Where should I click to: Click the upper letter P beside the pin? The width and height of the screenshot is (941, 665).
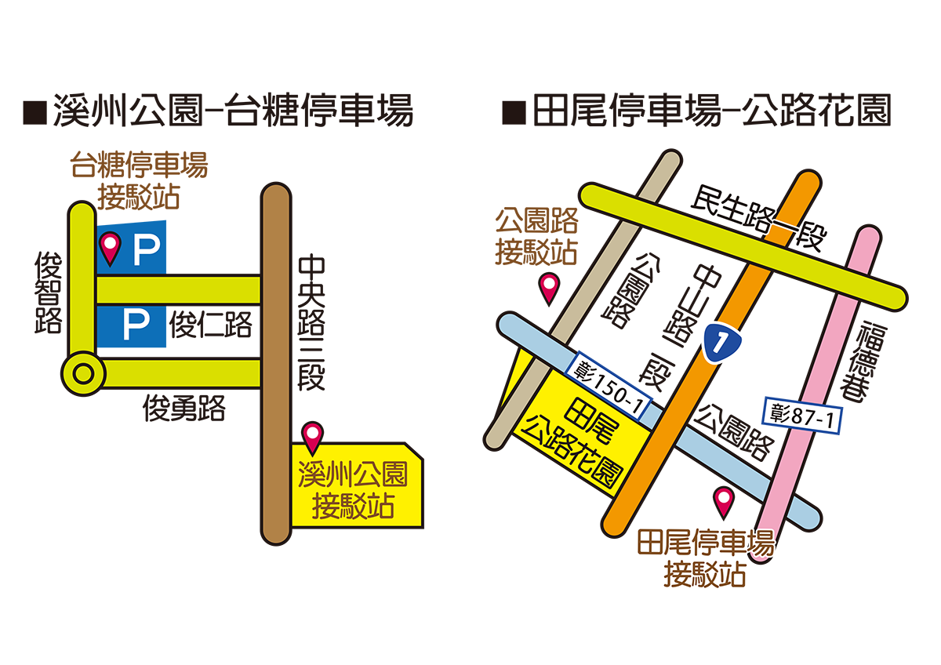click(x=146, y=250)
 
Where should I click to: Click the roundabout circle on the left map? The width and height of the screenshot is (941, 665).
click(x=83, y=374)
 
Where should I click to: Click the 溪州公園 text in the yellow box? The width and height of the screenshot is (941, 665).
click(x=354, y=474)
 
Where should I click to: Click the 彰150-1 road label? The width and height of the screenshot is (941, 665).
click(x=609, y=383)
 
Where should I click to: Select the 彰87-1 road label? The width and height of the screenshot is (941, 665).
click(x=803, y=415)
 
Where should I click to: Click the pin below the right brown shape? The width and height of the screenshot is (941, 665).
click(x=550, y=287)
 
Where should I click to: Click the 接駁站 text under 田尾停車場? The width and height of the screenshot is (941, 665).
click(x=703, y=576)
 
